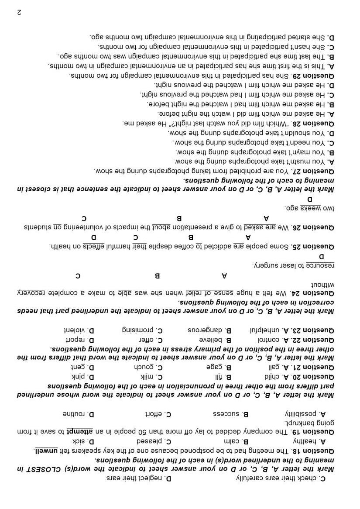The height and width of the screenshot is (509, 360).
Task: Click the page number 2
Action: (x=19, y=13)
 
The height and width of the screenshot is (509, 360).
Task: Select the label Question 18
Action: (x=318, y=451)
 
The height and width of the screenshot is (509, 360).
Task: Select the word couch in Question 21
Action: (x=143, y=366)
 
